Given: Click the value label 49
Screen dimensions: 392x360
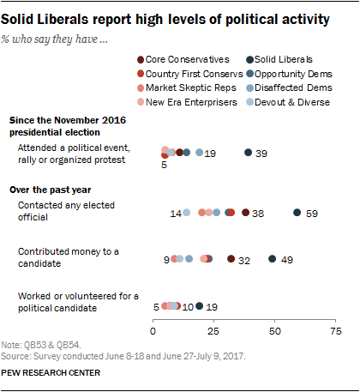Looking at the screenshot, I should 288,259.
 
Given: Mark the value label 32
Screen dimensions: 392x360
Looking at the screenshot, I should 244,259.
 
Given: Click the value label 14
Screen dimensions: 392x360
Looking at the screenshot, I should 176,213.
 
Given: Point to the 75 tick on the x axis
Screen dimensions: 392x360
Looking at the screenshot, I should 335,330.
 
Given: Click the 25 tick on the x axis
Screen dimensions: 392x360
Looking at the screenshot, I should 214,330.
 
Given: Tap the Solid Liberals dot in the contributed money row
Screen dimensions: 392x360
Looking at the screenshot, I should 273,258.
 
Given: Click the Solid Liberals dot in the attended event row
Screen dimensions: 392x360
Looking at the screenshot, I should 249,152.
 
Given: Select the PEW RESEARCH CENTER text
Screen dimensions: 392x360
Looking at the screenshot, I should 51,373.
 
